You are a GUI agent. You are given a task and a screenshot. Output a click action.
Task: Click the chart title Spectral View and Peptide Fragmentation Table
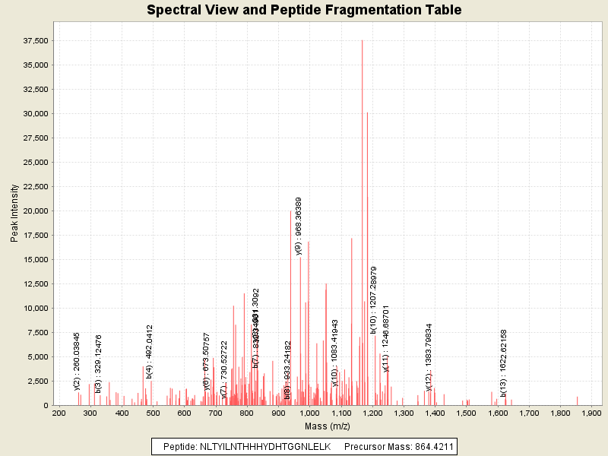click(x=304, y=10)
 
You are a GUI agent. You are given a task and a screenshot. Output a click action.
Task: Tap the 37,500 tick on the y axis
click(x=36, y=40)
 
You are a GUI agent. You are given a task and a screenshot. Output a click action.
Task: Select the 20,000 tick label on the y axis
click(x=36, y=211)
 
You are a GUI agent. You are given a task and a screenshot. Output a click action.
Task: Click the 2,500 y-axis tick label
click(x=39, y=381)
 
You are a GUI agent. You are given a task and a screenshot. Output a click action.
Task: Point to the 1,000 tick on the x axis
click(x=309, y=413)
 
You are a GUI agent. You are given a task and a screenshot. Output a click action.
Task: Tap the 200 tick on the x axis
click(x=59, y=413)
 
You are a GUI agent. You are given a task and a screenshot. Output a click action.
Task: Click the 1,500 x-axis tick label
click(x=466, y=413)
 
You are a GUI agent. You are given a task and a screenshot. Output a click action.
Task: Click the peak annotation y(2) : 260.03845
click(x=77, y=361)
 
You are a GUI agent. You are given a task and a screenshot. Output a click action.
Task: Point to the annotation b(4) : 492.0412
click(x=150, y=351)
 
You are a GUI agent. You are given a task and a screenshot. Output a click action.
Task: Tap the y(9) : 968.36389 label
click(x=299, y=226)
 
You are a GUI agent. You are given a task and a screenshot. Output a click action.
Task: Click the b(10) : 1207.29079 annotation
click(x=373, y=299)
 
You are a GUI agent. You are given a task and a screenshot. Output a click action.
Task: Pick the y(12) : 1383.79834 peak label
click(x=429, y=356)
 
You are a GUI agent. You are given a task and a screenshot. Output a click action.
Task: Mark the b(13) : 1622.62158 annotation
click(x=504, y=363)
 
